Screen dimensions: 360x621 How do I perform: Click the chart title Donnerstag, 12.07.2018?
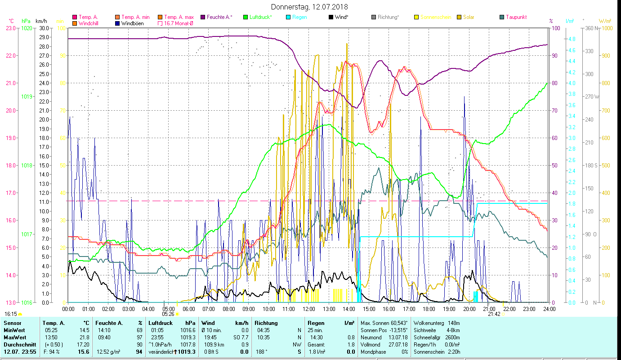coord(310,7)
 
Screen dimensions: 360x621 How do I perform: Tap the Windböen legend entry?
coord(133,23)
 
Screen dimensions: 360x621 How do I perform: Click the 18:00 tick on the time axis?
coord(429,309)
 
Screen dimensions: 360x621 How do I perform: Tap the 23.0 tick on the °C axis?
coord(10,28)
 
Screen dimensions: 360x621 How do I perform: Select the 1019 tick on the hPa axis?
coord(27,97)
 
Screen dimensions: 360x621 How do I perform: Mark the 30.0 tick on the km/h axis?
coord(44,28)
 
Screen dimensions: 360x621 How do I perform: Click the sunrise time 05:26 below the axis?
coord(168,314)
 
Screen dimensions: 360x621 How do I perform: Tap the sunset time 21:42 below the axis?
coord(494,314)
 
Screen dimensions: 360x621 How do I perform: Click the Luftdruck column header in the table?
coord(161,323)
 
